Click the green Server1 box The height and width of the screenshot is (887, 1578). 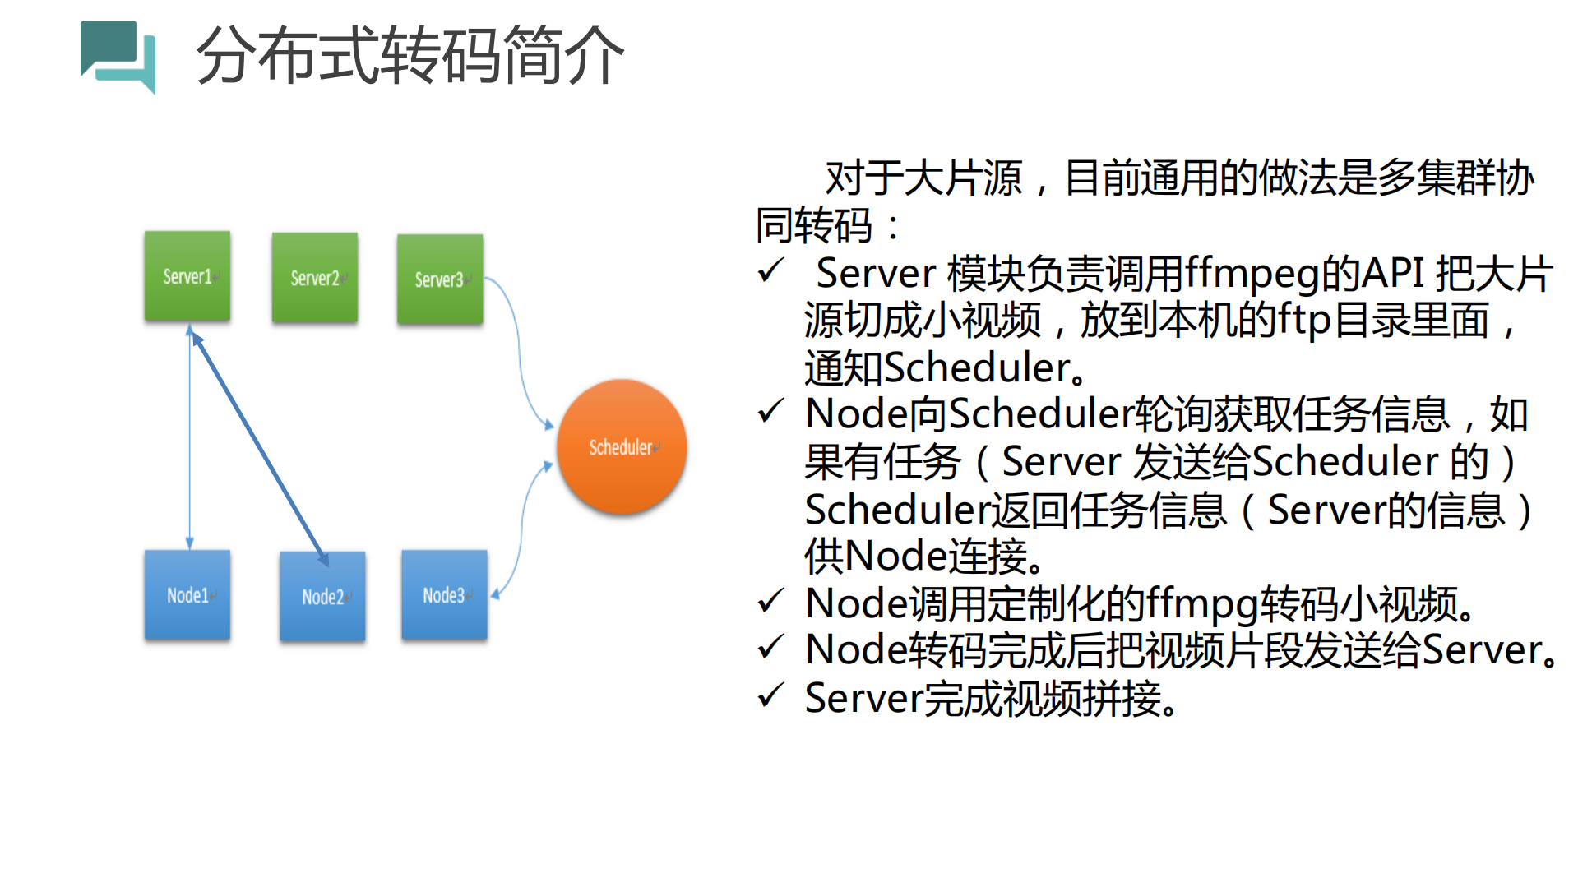coord(187,276)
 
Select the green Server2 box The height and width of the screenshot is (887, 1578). coord(315,278)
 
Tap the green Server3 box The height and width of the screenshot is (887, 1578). coord(440,279)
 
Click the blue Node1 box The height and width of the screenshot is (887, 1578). coord(187,594)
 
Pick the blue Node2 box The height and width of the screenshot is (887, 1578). coord(322,596)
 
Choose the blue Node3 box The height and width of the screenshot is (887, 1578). coord(444,594)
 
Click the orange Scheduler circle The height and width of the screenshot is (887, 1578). coord(622,446)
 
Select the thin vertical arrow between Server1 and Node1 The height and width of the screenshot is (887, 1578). coord(190,436)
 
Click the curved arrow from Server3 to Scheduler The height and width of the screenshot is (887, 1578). coord(518,353)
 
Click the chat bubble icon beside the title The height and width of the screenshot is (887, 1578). coord(118,56)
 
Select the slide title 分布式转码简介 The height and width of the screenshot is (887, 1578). coord(410,56)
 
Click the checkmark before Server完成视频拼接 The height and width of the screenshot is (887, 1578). coord(770,696)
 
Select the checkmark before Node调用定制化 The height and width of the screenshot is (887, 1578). coord(770,602)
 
